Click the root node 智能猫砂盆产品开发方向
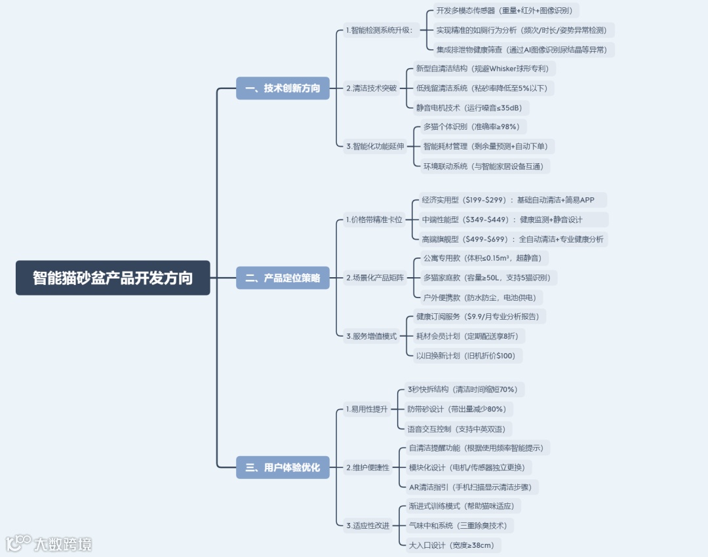tap(113, 278)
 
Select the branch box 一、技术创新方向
tap(283, 88)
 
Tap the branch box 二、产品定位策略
tap(283, 278)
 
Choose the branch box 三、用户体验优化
tap(283, 467)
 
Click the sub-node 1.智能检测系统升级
tap(380, 30)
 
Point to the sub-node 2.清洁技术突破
tap(371, 88)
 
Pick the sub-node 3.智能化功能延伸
tap(375, 146)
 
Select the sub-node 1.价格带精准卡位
tap(374, 220)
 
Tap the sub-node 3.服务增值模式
tap(371, 336)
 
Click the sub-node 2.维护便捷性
tap(367, 467)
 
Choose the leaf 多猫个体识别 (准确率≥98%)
tap(471, 126)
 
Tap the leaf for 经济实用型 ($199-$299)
tap(513, 200)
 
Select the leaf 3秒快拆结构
tap(462, 389)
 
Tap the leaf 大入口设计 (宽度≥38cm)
tap(450, 545)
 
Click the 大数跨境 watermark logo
tap(49, 543)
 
